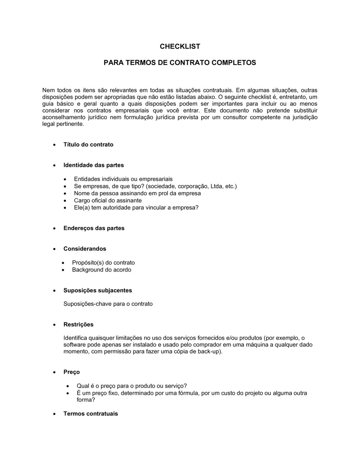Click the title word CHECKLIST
point(180,46)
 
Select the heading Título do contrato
point(88,145)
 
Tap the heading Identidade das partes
point(93,165)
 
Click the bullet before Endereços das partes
point(54,228)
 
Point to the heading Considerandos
point(85,249)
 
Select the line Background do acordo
point(102,270)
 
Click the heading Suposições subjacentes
point(98,290)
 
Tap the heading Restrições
point(78,324)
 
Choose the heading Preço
point(71,372)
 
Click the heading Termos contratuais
point(90,414)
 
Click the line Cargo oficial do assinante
point(108,200)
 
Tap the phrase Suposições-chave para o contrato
point(108,304)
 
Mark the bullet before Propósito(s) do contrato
point(63,263)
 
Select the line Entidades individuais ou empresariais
point(123,179)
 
